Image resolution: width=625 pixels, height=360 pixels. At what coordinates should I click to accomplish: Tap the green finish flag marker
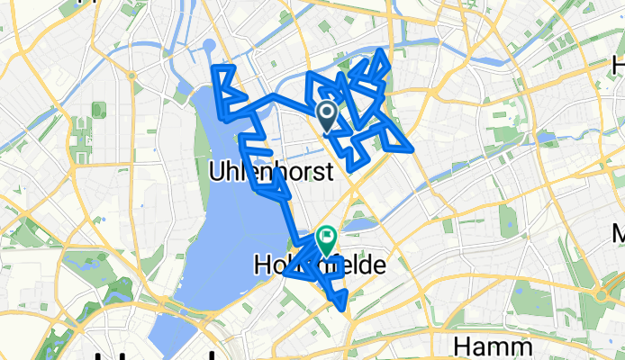pos(325,239)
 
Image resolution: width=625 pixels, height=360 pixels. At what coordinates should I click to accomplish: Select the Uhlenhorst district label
pos(270,169)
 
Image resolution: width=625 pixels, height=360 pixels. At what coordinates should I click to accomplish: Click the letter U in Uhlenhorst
pos(216,169)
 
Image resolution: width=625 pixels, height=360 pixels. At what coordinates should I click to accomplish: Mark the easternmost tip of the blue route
pos(412,148)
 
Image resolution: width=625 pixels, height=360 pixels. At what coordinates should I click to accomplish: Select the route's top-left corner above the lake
pos(213,67)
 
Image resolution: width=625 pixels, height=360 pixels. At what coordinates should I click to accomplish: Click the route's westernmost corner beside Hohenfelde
pos(286,274)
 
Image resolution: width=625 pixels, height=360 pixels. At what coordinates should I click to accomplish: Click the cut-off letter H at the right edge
pos(619,65)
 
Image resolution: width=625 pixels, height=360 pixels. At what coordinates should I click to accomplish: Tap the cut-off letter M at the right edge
pos(619,235)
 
